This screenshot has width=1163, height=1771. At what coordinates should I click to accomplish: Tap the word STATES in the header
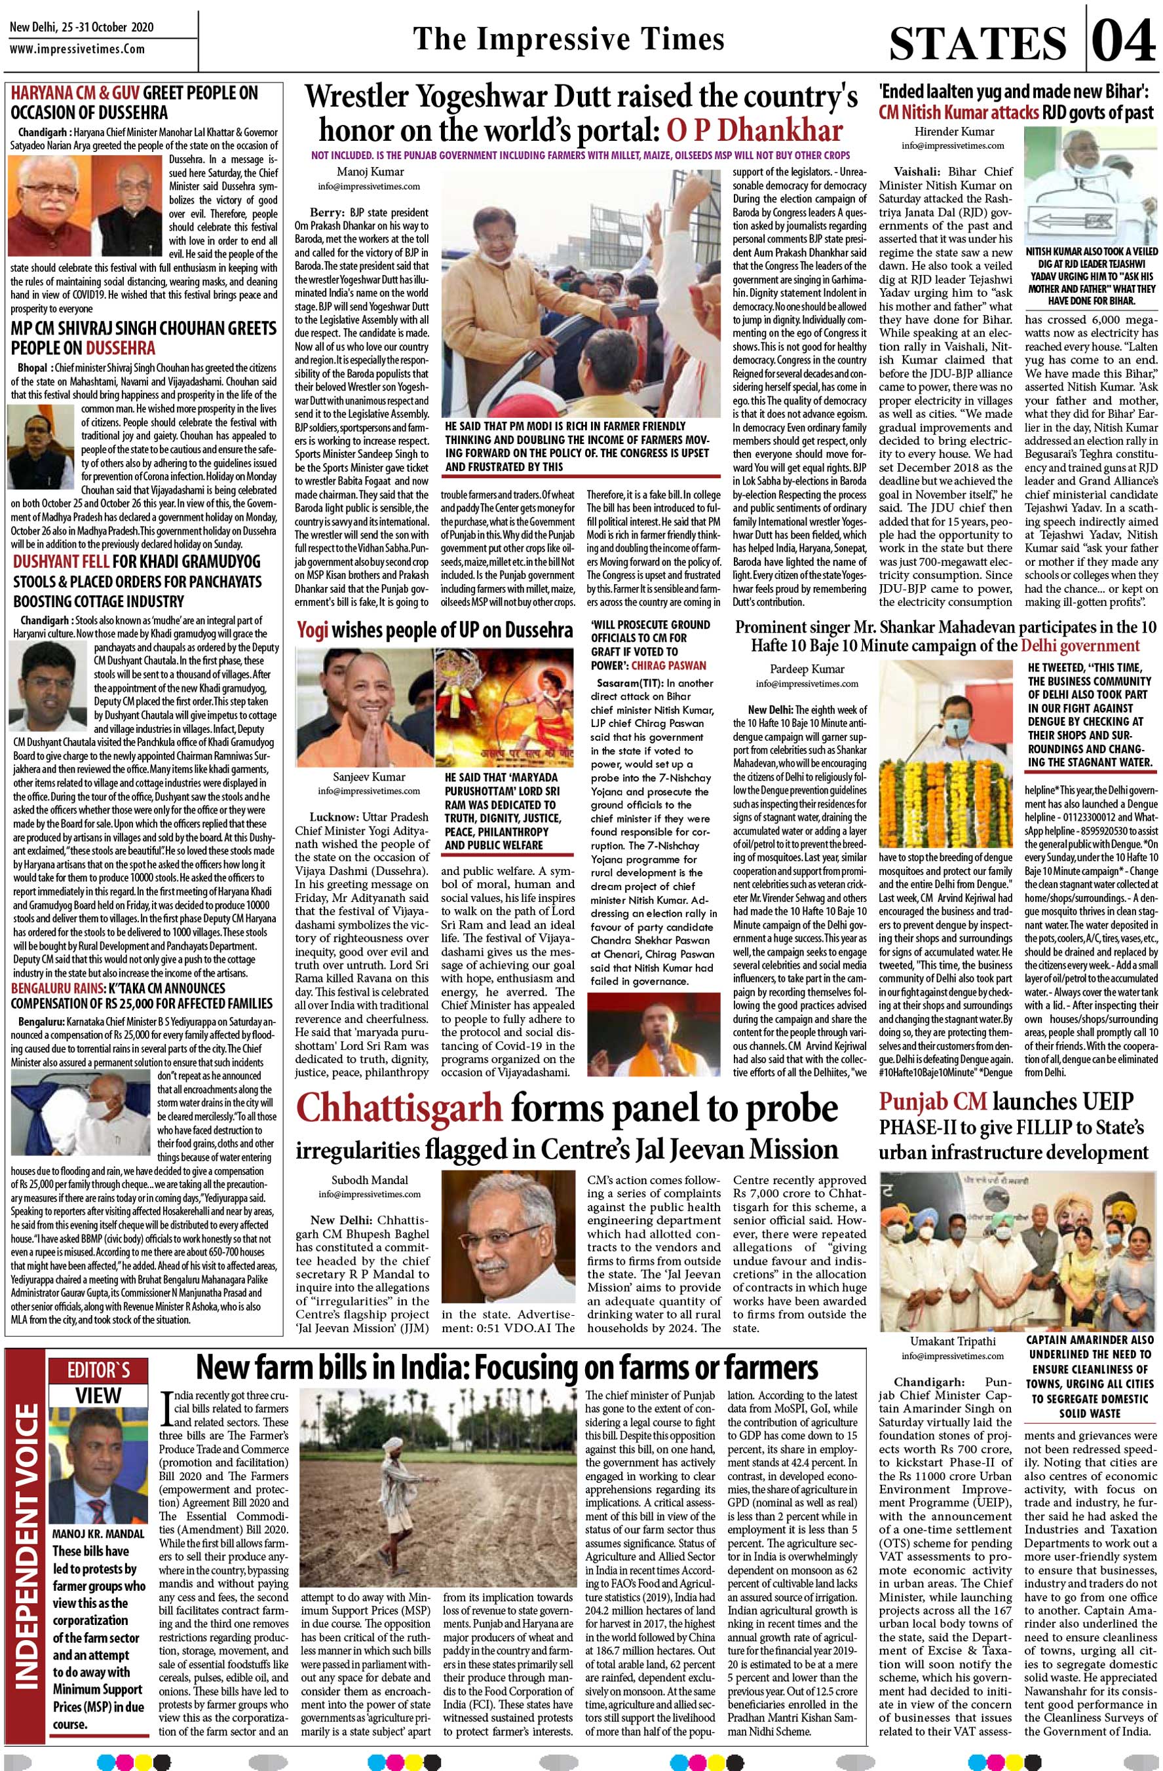click(x=978, y=43)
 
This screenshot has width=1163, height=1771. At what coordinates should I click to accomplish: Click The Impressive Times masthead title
click(x=568, y=39)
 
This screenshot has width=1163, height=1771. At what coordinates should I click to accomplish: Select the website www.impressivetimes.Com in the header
click(x=77, y=49)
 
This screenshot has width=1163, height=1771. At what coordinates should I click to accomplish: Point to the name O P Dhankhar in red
click(x=754, y=130)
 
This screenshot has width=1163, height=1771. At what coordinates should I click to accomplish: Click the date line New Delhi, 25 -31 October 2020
click(x=81, y=28)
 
